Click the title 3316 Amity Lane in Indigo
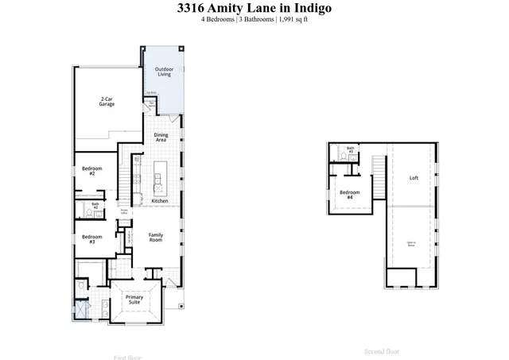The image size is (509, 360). (x=254, y=8)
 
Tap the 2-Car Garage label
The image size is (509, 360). (x=108, y=102)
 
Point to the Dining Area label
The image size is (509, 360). (x=161, y=137)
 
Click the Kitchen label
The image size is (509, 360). (x=160, y=201)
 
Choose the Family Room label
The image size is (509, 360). (x=156, y=237)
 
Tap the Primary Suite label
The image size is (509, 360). (x=134, y=300)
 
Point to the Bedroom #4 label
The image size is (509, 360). (x=350, y=194)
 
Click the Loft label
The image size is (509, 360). (x=414, y=178)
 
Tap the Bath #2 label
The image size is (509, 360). (x=95, y=206)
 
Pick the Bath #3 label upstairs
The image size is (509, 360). (x=350, y=149)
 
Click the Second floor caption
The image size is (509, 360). (x=383, y=351)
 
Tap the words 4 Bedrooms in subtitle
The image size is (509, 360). (x=219, y=20)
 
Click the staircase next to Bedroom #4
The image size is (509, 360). (x=379, y=167)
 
